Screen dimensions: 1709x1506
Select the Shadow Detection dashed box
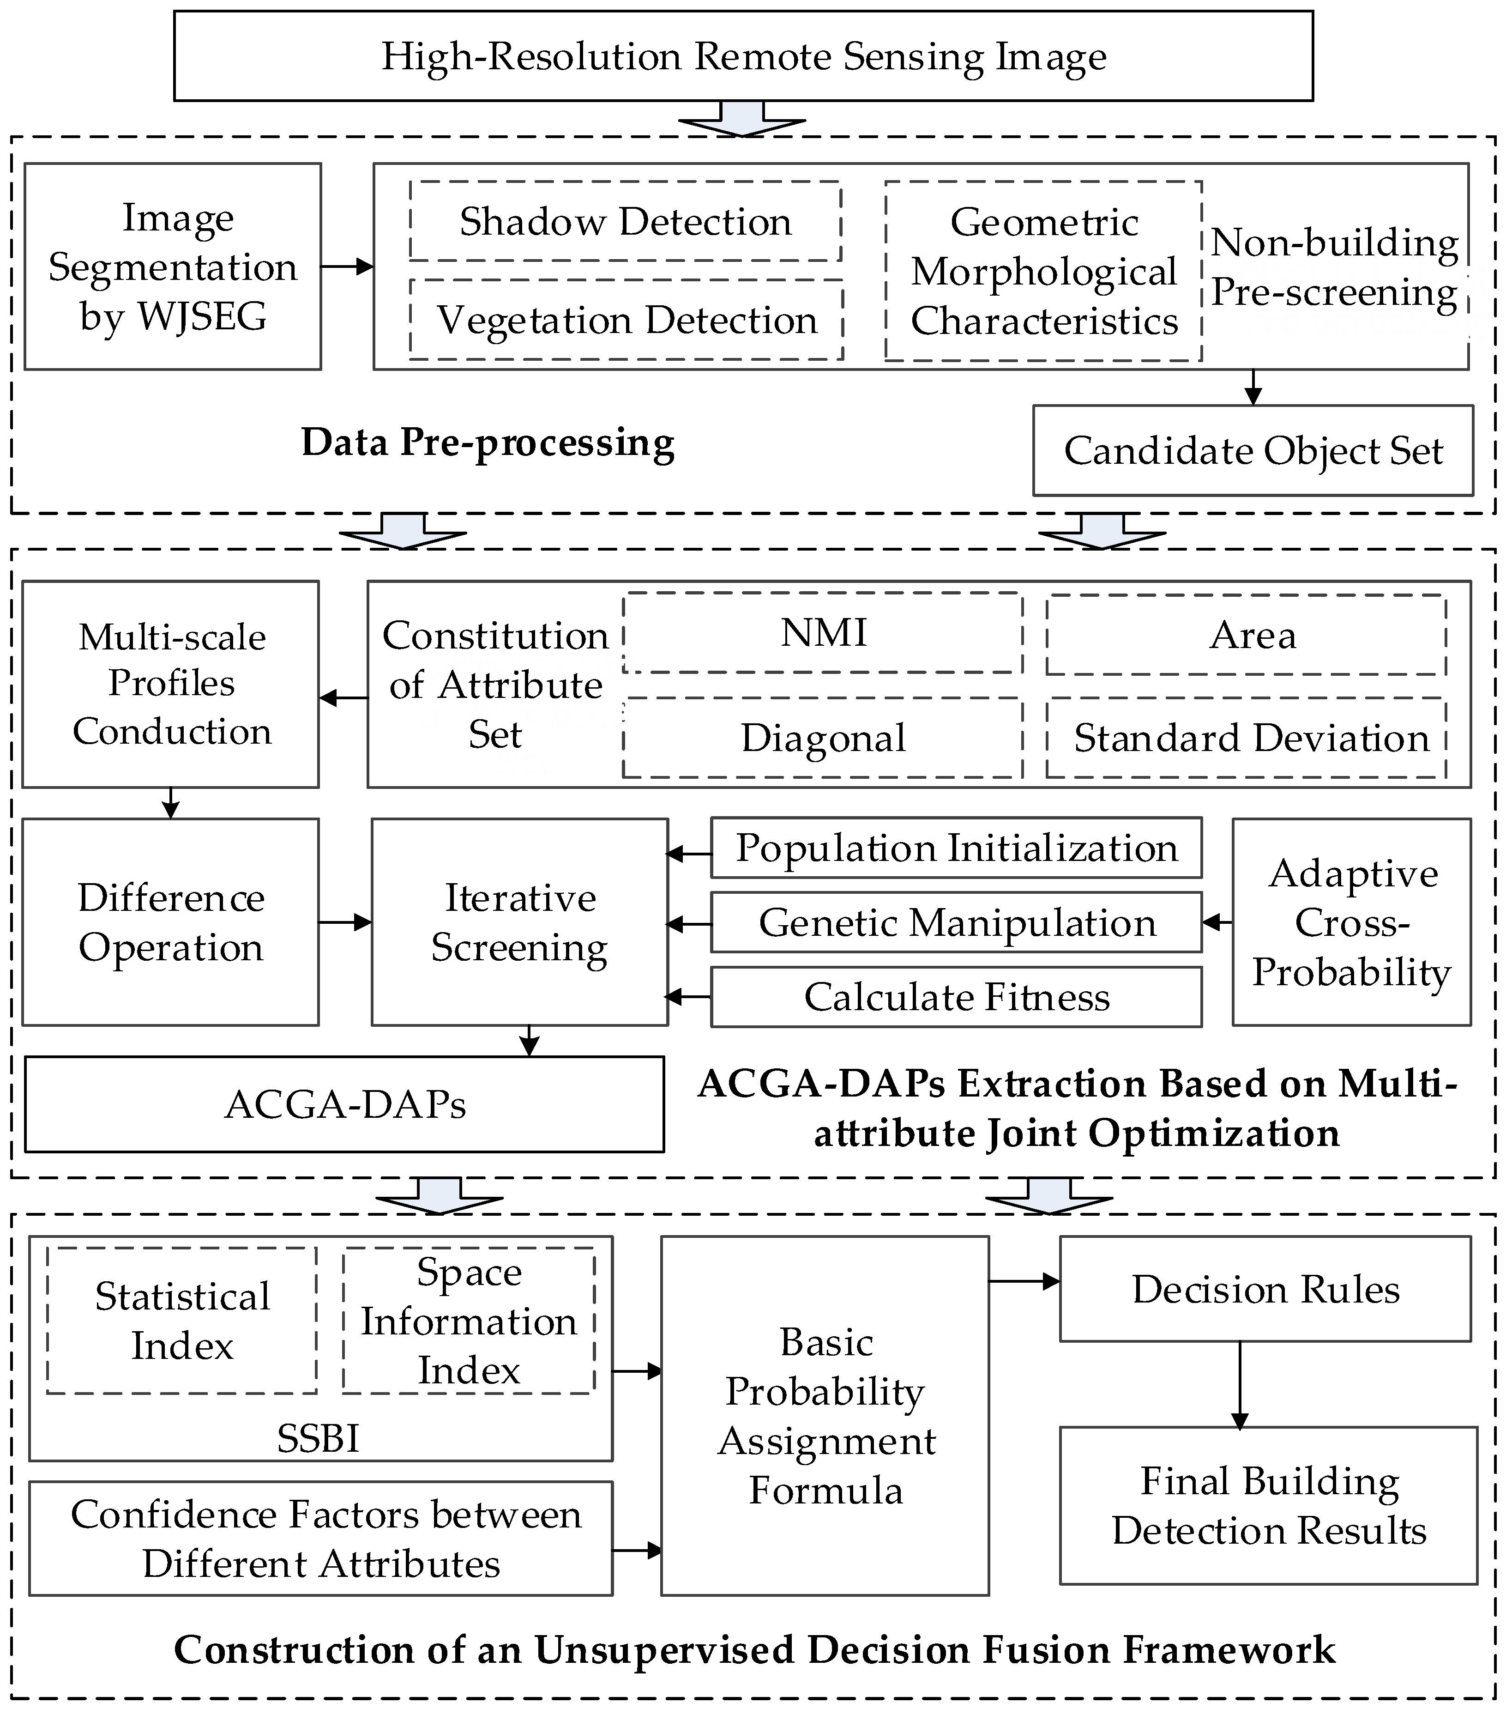click(625, 222)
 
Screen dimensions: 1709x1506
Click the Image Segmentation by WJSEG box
click(173, 267)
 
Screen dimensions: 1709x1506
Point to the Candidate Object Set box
click(1253, 451)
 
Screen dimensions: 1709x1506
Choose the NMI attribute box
click(823, 633)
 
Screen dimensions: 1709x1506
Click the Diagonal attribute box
click(823, 738)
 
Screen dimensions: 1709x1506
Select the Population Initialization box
click(956, 848)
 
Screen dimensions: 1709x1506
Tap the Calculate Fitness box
click(956, 997)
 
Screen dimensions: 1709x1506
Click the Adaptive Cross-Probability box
click(1351, 922)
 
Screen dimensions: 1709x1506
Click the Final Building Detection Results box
click(1268, 1505)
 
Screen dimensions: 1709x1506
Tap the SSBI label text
click(319, 1438)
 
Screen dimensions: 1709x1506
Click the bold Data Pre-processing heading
click(488, 442)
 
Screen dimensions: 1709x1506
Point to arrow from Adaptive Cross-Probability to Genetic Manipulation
click(1217, 922)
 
